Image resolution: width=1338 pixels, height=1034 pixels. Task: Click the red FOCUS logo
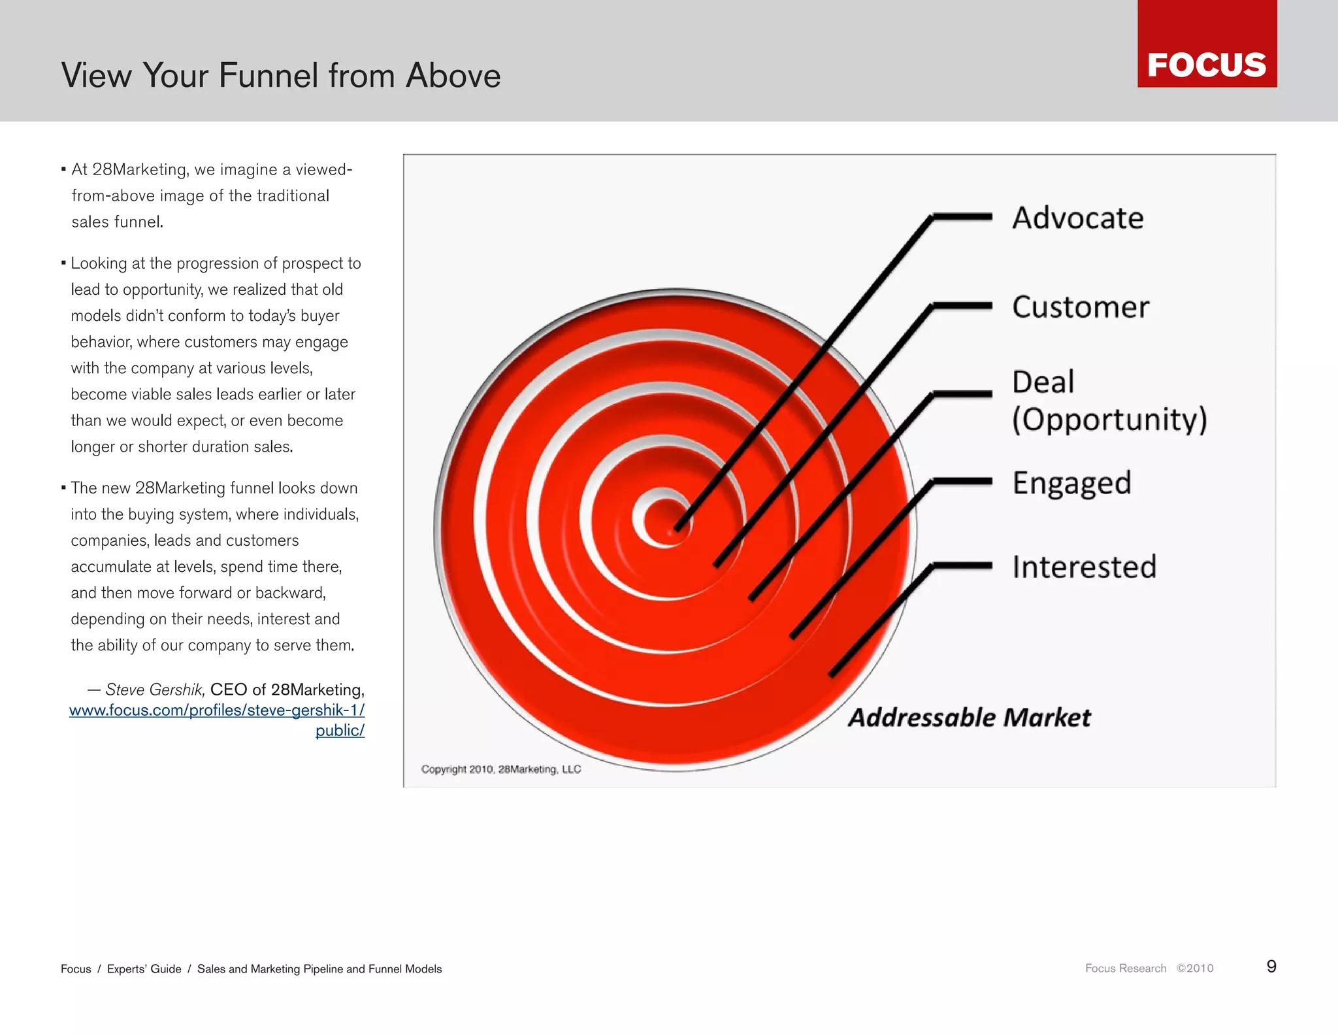pyautogui.click(x=1207, y=44)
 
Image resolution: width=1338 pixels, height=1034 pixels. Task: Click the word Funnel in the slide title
pyautogui.click(x=269, y=75)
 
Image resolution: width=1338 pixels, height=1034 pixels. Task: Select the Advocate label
pyautogui.click(x=1077, y=218)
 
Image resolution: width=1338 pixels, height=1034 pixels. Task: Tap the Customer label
pyautogui.click(x=1080, y=307)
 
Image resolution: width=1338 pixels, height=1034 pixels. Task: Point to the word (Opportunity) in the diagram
pyautogui.click(x=1109, y=419)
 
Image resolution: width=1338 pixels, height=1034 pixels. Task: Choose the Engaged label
pyautogui.click(x=1071, y=483)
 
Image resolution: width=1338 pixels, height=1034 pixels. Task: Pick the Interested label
pyautogui.click(x=1084, y=566)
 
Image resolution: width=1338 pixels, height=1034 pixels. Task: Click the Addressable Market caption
pyautogui.click(x=969, y=717)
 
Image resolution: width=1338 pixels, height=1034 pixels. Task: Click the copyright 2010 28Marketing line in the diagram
pyautogui.click(x=500, y=769)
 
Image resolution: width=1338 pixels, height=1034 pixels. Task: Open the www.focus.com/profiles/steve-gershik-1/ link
pyautogui.click(x=217, y=710)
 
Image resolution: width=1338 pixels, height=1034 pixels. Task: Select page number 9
pyautogui.click(x=1271, y=967)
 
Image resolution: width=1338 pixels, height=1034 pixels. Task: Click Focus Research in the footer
pyautogui.click(x=1125, y=968)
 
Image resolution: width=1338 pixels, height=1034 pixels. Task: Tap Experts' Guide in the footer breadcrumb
pyautogui.click(x=144, y=969)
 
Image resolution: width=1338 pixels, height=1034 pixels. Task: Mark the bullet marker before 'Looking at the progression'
pyautogui.click(x=63, y=263)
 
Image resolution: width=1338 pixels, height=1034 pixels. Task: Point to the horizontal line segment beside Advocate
pyautogui.click(x=962, y=217)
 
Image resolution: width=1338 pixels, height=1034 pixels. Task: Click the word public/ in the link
pyautogui.click(x=340, y=730)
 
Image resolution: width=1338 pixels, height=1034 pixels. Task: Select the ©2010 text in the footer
pyautogui.click(x=1195, y=968)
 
